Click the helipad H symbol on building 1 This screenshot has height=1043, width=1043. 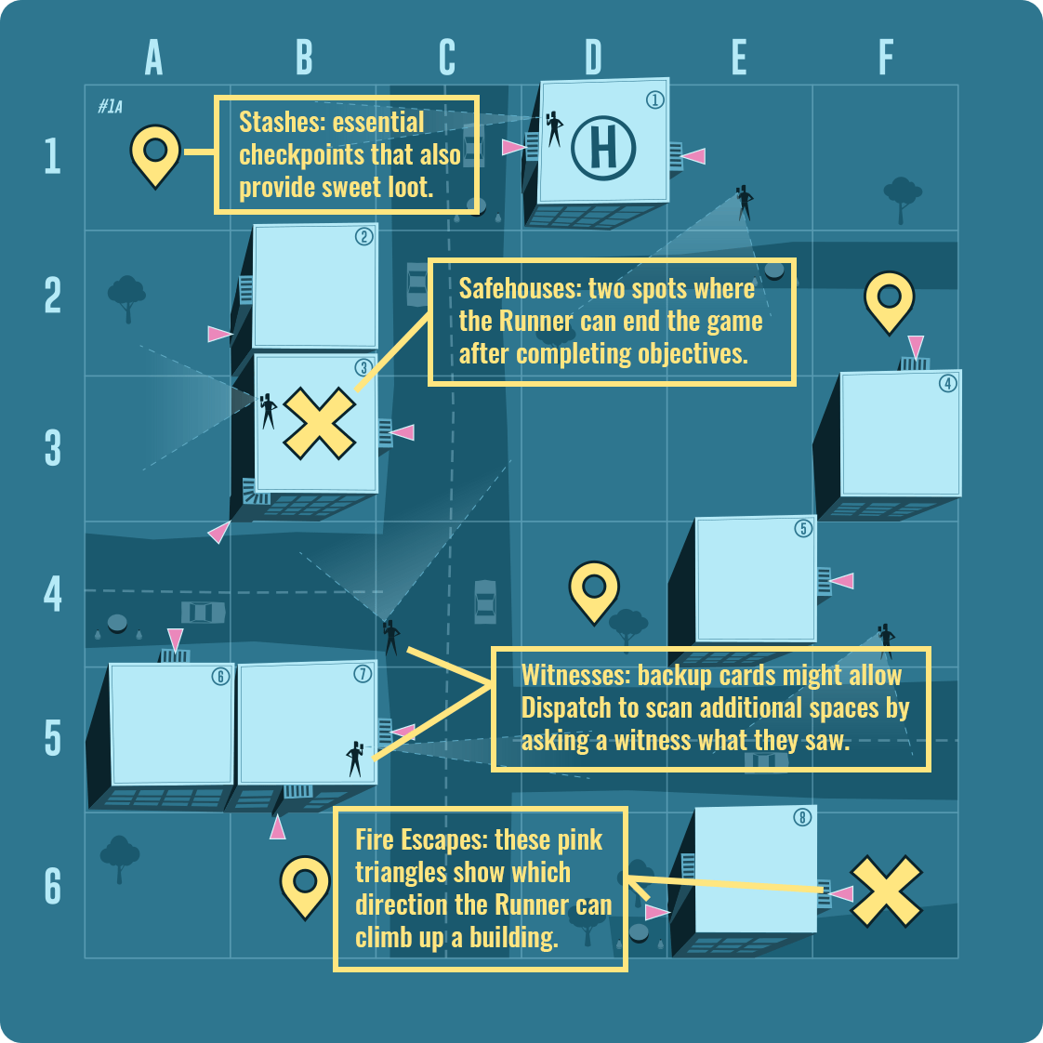point(603,149)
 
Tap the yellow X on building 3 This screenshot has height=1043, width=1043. point(319,424)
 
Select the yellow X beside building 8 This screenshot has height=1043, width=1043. point(886,891)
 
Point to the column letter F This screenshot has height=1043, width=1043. point(885,58)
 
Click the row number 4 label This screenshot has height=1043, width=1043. point(53,593)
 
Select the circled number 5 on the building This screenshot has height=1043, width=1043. point(803,529)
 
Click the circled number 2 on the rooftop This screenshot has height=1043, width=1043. point(363,237)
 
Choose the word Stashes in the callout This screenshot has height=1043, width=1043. point(281,123)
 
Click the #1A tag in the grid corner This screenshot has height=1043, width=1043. point(110,106)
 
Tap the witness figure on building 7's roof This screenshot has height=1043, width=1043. point(355,759)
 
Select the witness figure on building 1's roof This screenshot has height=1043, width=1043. point(554,129)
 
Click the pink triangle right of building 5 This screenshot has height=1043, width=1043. point(842,581)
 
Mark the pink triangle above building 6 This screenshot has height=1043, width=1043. point(175,640)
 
